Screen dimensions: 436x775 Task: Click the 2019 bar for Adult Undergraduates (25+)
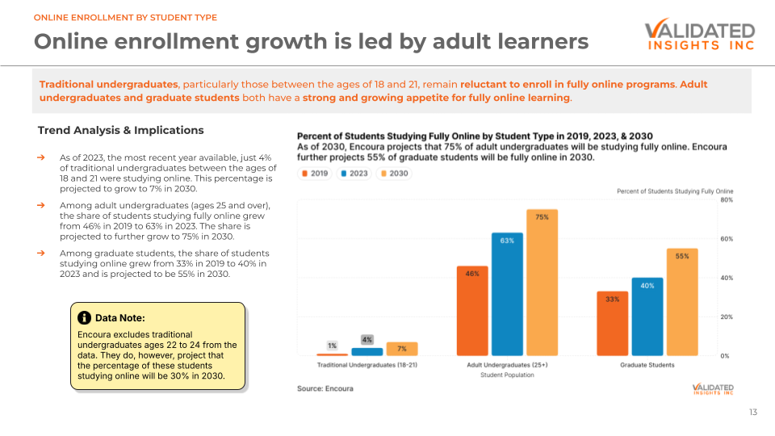pyautogui.click(x=472, y=311)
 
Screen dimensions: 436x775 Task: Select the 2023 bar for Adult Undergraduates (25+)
pyautogui.click(x=507, y=295)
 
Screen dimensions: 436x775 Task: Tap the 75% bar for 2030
pyautogui.click(x=542, y=283)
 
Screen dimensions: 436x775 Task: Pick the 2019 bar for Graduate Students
pyautogui.click(x=613, y=324)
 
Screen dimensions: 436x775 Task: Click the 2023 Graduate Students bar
pyautogui.click(x=647, y=317)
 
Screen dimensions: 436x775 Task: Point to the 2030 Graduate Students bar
pyautogui.click(x=682, y=302)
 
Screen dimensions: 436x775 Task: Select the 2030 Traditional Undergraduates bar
pyautogui.click(x=402, y=349)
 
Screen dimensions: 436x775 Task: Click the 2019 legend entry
pyautogui.click(x=315, y=174)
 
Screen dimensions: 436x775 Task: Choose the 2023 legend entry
pyautogui.click(x=354, y=174)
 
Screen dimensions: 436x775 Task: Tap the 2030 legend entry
pyautogui.click(x=394, y=174)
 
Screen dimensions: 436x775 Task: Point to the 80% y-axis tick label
pyautogui.click(x=726, y=200)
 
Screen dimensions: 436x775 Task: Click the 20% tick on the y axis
pyautogui.click(x=726, y=317)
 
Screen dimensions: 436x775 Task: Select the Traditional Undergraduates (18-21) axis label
pyautogui.click(x=367, y=365)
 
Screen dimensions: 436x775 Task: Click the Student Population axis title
pyautogui.click(x=507, y=375)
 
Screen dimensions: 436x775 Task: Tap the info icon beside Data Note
pyautogui.click(x=84, y=318)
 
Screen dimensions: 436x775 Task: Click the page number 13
pyautogui.click(x=752, y=413)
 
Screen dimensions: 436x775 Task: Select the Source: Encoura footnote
pyautogui.click(x=325, y=388)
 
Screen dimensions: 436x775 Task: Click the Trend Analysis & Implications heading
pyautogui.click(x=121, y=130)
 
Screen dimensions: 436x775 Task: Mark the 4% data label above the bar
pyautogui.click(x=367, y=340)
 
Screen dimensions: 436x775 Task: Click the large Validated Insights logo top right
pyautogui.click(x=699, y=36)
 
